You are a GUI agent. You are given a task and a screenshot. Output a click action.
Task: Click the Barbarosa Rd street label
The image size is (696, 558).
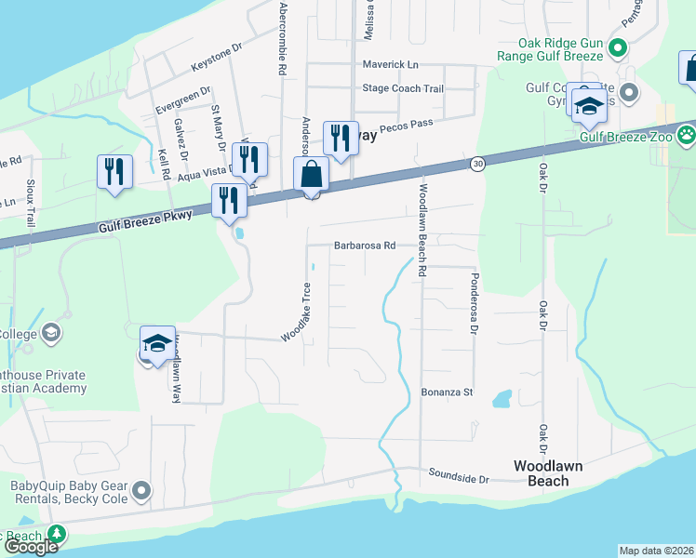(365, 246)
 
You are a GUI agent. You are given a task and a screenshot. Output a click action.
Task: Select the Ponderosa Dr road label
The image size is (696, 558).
(474, 303)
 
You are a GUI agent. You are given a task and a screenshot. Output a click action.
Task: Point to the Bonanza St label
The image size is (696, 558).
(448, 392)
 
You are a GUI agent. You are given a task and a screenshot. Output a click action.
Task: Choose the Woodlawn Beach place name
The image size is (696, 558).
(542, 472)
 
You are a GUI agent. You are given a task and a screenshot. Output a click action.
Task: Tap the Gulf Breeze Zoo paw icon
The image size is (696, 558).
(686, 136)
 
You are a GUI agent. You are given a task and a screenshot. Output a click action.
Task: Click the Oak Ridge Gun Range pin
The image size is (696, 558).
(616, 46)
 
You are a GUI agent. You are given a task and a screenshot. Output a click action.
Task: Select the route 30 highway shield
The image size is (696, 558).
(475, 165)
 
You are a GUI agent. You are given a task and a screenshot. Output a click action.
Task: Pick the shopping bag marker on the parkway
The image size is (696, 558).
(311, 175)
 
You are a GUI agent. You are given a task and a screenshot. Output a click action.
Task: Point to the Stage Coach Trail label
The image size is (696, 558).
(402, 89)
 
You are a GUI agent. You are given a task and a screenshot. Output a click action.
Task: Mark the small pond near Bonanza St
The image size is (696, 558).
(502, 399)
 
